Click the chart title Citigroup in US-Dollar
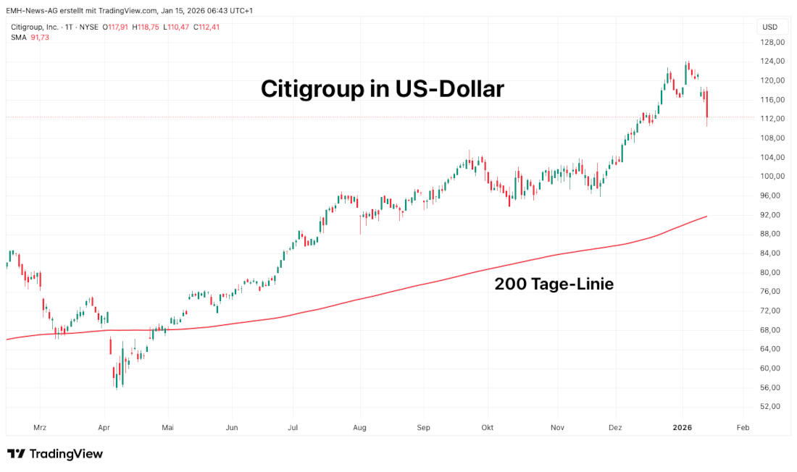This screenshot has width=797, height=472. (382, 89)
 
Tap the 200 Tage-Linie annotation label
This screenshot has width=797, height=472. (554, 285)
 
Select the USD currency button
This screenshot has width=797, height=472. (769, 27)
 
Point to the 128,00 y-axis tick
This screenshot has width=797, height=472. (773, 42)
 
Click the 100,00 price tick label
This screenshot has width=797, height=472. (773, 177)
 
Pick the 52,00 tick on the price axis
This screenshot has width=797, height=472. (773, 407)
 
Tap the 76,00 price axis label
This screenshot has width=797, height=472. (773, 292)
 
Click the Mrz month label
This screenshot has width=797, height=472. (40, 428)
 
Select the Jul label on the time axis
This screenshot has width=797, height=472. (294, 428)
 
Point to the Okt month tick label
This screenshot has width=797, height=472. (488, 428)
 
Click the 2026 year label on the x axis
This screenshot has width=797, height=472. (683, 428)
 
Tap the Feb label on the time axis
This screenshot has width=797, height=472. (742, 428)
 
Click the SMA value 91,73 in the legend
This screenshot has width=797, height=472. (40, 37)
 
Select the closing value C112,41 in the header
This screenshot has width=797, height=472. (206, 27)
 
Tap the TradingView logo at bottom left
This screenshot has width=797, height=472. (55, 454)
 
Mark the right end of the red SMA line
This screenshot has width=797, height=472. (706, 216)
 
